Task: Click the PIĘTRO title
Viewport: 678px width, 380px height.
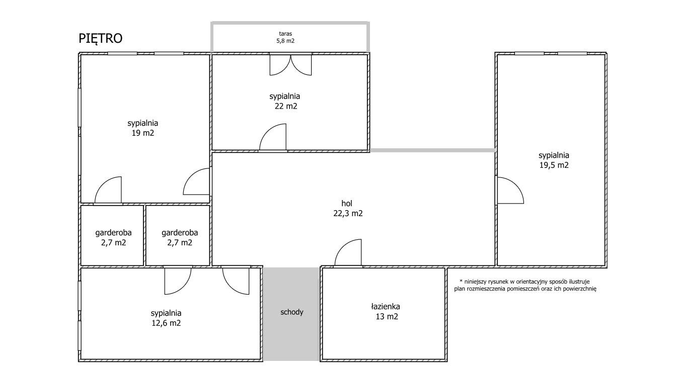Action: point(101,39)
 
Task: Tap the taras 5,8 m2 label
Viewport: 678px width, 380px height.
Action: point(285,37)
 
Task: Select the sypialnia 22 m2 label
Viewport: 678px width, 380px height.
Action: point(285,101)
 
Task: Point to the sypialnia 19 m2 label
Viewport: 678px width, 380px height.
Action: point(143,128)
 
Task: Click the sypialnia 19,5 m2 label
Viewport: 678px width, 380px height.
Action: point(554,160)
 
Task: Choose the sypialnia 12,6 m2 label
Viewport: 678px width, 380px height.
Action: point(166,318)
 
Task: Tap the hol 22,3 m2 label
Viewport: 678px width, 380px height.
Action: point(348,209)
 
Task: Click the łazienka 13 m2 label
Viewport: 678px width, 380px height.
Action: point(386,312)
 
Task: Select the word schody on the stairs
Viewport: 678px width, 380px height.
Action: point(292,312)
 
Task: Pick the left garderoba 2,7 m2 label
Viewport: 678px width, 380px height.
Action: point(114,238)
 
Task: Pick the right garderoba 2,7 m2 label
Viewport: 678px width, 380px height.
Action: point(180,238)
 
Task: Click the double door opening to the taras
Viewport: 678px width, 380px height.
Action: point(290,64)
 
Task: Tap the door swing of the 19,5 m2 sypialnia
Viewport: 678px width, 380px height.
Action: point(510,190)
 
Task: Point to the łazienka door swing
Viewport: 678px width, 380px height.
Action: point(348,253)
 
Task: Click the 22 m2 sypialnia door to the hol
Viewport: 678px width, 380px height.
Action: point(273,137)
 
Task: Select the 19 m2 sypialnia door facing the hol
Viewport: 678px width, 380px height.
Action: point(196,181)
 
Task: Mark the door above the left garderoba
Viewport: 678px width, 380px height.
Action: point(108,190)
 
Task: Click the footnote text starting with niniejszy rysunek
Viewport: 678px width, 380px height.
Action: point(525,286)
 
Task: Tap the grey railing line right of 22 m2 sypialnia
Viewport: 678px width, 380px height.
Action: point(432,150)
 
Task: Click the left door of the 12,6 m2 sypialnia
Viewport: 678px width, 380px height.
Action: point(178,281)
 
